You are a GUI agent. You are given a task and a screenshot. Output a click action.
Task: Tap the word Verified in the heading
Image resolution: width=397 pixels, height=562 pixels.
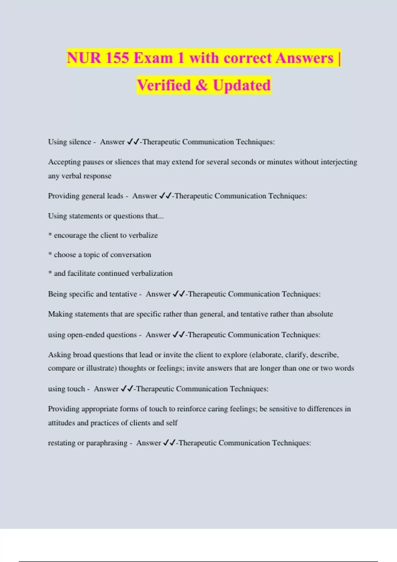pos(164,85)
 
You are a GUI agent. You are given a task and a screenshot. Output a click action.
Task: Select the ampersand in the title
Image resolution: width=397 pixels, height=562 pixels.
pos(201,85)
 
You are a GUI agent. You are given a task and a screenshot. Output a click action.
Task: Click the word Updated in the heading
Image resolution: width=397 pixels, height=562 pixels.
pos(242,85)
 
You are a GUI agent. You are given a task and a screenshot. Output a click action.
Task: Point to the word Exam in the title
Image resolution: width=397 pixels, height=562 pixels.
pos(153,58)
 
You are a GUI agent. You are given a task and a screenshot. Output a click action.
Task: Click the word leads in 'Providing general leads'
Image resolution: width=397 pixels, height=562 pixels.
pos(115,196)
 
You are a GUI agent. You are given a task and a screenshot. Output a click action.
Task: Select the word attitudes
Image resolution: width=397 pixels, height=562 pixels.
pos(62,423)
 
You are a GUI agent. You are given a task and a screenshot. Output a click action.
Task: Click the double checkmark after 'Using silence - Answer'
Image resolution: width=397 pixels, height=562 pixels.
pos(133,142)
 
